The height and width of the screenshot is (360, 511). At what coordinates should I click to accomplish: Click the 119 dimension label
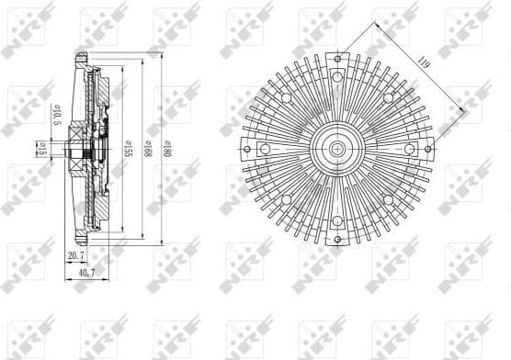tap(423, 64)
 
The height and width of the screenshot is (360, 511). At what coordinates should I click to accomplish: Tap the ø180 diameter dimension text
tap(165, 151)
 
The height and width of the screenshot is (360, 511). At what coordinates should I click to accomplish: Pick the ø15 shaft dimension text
tap(43, 147)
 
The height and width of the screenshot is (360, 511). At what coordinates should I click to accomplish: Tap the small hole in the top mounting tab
tap(338, 59)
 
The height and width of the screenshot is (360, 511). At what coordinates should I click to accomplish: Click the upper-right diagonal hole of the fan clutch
tap(387, 97)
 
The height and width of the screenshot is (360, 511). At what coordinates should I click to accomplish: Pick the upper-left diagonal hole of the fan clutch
tap(288, 97)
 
